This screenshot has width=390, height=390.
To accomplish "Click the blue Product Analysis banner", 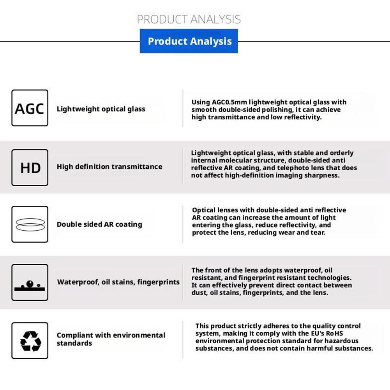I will (x=189, y=41).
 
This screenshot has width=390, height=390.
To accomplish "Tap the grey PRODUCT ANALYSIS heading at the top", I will (x=189, y=19).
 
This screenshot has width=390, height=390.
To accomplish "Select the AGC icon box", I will (x=30, y=108).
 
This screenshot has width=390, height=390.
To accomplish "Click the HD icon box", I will (x=30, y=168).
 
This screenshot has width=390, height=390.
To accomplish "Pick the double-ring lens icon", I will (x=30, y=224).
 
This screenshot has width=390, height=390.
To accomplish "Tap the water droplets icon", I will (x=30, y=282).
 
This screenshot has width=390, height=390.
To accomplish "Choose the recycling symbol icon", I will (x=30, y=340).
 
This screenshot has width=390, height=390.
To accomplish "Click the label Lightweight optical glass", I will (x=101, y=109).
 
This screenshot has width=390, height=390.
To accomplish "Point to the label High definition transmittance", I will (x=109, y=167).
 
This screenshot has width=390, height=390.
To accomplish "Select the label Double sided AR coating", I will (x=99, y=224).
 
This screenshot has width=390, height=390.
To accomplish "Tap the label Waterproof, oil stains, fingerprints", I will (x=118, y=282).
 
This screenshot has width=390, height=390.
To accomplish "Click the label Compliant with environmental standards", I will (x=111, y=339).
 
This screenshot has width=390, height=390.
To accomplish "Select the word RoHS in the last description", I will (x=332, y=334).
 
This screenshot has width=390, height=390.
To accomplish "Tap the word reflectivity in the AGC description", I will (x=302, y=117).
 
